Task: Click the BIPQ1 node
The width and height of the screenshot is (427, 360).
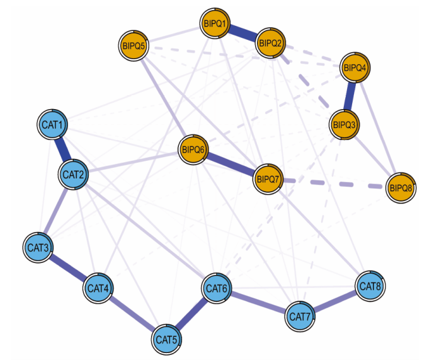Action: coord(215,24)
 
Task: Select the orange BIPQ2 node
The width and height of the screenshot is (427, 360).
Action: coord(270,43)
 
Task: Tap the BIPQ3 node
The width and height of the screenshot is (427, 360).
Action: coord(344,124)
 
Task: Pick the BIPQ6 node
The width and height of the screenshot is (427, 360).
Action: coord(193,149)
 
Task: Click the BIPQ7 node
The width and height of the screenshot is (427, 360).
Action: coord(268,178)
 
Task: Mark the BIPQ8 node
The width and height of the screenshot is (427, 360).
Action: coord(401,187)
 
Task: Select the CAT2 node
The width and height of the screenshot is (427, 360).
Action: coord(74,173)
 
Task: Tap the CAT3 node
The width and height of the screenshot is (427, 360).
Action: coord(39,247)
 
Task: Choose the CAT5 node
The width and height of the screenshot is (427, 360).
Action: coord(167,340)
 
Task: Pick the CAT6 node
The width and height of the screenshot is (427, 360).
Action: coord(217,288)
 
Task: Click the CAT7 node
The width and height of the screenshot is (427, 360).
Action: coord(300,315)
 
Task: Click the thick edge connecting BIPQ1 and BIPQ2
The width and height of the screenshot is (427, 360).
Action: coord(242,33)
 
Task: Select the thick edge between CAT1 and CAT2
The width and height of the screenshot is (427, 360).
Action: coord(64,149)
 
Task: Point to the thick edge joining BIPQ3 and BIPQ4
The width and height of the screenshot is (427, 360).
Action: coord(350,96)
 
